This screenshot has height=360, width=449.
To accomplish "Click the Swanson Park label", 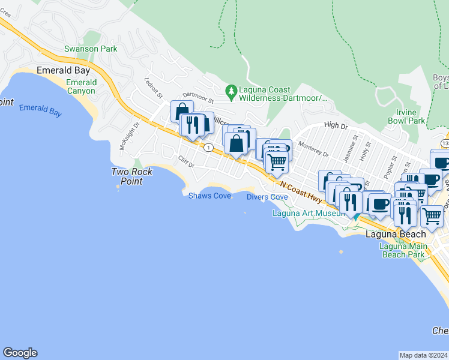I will click(x=91, y=48).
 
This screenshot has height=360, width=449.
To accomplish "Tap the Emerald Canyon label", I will click(x=81, y=86).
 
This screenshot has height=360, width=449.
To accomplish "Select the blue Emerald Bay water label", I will click(x=41, y=109).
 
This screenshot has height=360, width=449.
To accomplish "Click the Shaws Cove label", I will click(x=210, y=196).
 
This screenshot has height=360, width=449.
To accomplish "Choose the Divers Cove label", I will click(x=267, y=196).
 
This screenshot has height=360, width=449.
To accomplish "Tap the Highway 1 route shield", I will click(x=208, y=147).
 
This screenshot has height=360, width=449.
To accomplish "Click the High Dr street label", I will click(x=336, y=125).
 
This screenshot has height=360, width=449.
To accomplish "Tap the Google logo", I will click(x=20, y=353).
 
